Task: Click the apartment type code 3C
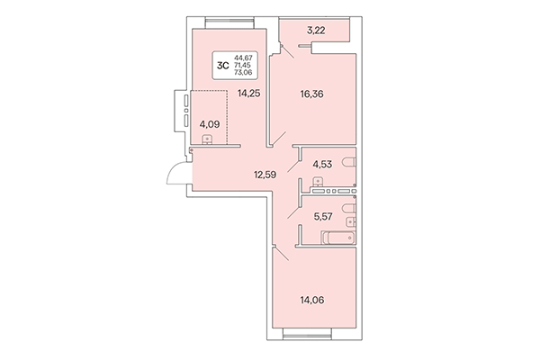point(220,65)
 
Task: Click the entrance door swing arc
point(174,175)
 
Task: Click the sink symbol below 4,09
point(209,139)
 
